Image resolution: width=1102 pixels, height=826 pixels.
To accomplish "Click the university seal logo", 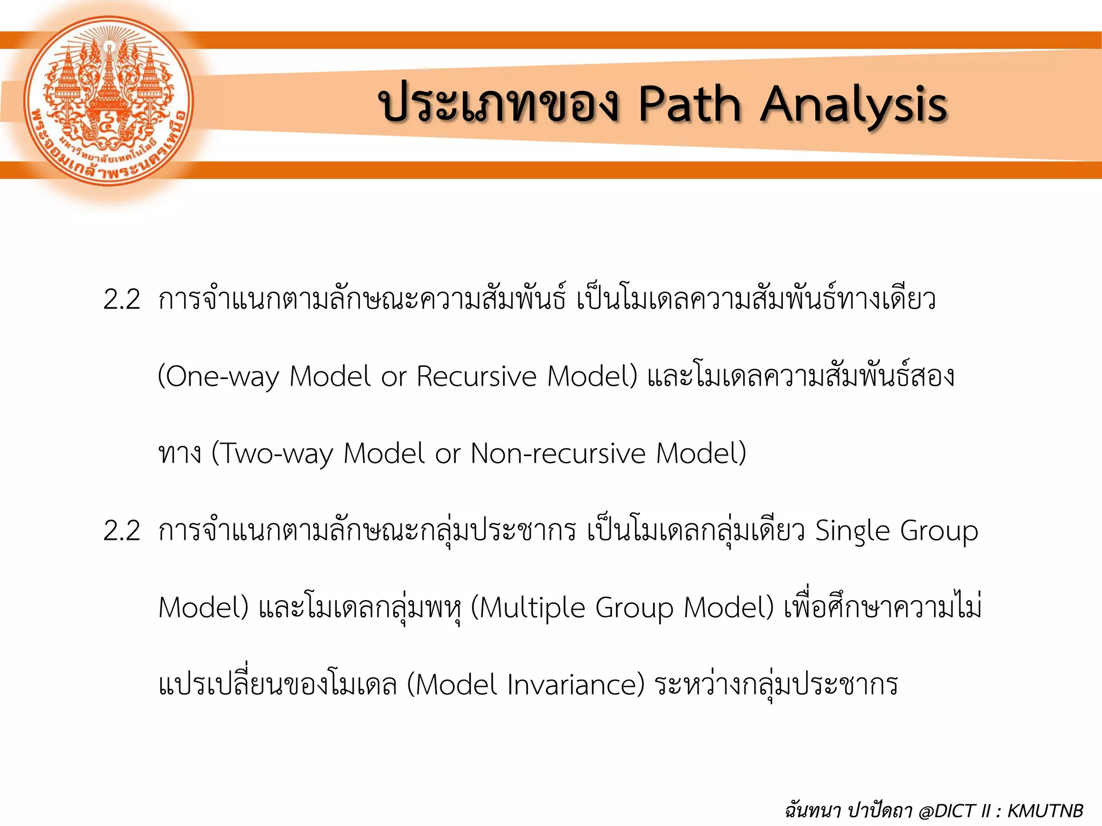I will point(109,101).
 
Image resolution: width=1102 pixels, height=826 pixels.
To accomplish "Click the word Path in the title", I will point(690,105).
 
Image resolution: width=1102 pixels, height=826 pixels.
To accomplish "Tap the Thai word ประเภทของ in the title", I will point(499,103).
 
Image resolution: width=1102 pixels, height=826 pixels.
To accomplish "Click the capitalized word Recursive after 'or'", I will point(476,376).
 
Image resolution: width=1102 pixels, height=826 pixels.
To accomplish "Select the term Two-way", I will point(272,453).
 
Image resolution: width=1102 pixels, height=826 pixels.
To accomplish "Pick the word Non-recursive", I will point(557,453).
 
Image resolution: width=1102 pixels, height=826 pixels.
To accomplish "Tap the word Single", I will point(852,531).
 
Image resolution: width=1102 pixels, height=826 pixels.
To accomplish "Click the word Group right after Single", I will point(939,531).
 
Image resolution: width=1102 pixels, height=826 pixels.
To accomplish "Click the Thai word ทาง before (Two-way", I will point(180,453).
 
